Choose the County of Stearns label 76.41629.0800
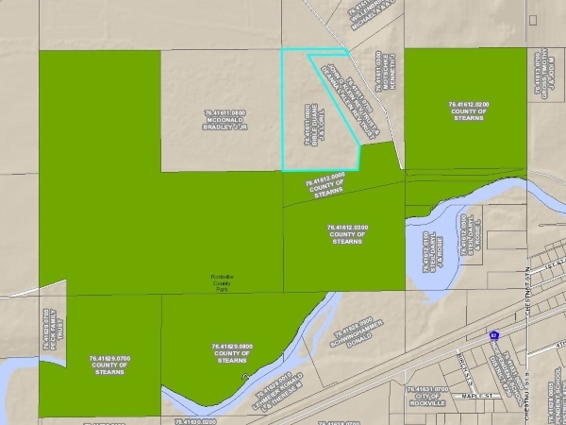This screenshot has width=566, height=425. click(232, 353)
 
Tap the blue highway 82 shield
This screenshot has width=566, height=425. click(494, 334)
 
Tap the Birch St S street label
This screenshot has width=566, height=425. click(462, 358)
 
